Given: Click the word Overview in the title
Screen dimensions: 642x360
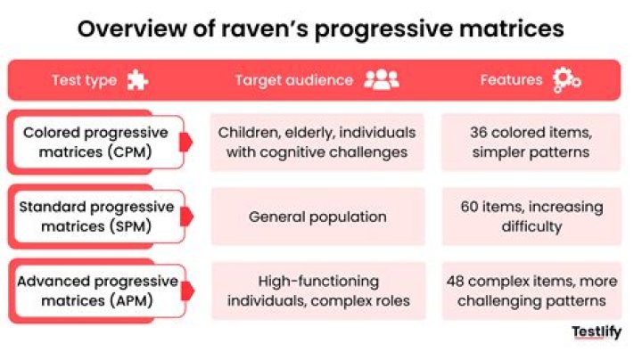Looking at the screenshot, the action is pyautogui.click(x=131, y=29).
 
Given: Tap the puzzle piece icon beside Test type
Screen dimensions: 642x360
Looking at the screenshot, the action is pyautogui.click(x=137, y=80).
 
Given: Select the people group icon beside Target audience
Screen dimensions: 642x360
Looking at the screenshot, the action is pyautogui.click(x=382, y=79).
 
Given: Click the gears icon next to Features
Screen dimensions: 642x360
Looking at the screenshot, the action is pyautogui.click(x=566, y=80).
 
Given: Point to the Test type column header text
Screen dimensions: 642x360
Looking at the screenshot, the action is pyautogui.click(x=85, y=80).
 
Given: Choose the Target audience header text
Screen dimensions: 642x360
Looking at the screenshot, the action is pyautogui.click(x=294, y=80).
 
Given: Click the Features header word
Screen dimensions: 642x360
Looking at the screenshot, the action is pyautogui.click(x=512, y=79).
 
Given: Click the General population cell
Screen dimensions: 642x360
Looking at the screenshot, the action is pyautogui.click(x=317, y=217).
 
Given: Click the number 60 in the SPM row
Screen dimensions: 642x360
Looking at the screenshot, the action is pyautogui.click(x=469, y=207).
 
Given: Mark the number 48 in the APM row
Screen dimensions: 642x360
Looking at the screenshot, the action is pyautogui.click(x=456, y=281).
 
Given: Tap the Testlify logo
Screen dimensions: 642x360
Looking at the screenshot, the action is pyautogui.click(x=597, y=331).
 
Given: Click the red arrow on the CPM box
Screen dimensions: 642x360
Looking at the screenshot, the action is pyautogui.click(x=185, y=142).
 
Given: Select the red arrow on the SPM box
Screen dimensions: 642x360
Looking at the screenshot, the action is pyautogui.click(x=186, y=217).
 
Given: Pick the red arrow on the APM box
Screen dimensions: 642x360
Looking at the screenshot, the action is pyautogui.click(x=187, y=290).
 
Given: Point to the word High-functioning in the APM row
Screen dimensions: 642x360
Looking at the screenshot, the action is pyautogui.click(x=318, y=282).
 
